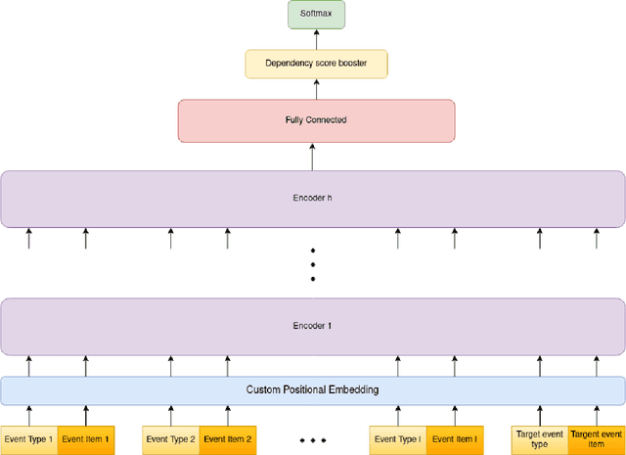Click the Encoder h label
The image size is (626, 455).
point(313,197)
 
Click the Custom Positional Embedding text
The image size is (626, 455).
point(313,389)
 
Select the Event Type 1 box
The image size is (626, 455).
point(28,439)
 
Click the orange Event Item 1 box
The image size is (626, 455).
point(86,439)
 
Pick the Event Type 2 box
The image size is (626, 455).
point(171,439)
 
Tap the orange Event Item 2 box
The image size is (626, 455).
point(228,439)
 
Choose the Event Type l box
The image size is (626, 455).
point(398,439)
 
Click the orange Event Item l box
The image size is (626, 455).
point(455,439)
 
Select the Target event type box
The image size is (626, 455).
point(540,439)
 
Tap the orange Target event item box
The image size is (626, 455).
point(597,439)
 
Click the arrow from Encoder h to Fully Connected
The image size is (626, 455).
point(313,157)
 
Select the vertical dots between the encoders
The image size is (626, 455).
point(313,263)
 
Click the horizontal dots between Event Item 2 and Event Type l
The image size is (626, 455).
point(313,441)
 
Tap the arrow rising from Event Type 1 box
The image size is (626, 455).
point(28,415)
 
